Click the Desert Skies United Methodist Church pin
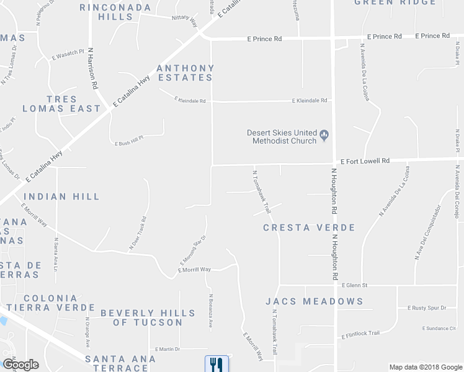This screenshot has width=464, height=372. point(324,134)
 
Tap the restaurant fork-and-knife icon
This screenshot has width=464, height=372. point(216,363)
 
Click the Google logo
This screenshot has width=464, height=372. point(20,365)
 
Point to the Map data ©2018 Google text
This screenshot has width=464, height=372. point(425,367)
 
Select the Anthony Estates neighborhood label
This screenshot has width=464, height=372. point(185,73)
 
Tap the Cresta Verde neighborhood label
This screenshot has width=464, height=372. point(309,228)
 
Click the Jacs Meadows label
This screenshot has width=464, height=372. point(314,301)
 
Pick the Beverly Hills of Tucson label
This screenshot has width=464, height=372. point(141,317)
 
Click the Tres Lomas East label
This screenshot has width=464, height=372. point(61,104)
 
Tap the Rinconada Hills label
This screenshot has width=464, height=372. point(115,12)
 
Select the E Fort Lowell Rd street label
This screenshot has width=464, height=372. point(364,161)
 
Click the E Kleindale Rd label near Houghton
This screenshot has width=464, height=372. point(311,100)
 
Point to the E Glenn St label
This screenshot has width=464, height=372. point(355,285)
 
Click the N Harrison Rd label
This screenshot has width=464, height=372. point(93,68)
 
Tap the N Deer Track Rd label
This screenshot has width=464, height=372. point(138,234)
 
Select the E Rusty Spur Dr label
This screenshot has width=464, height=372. point(427,308)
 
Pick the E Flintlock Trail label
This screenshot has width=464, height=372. point(360,334)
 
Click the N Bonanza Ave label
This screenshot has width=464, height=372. point(211,311)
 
